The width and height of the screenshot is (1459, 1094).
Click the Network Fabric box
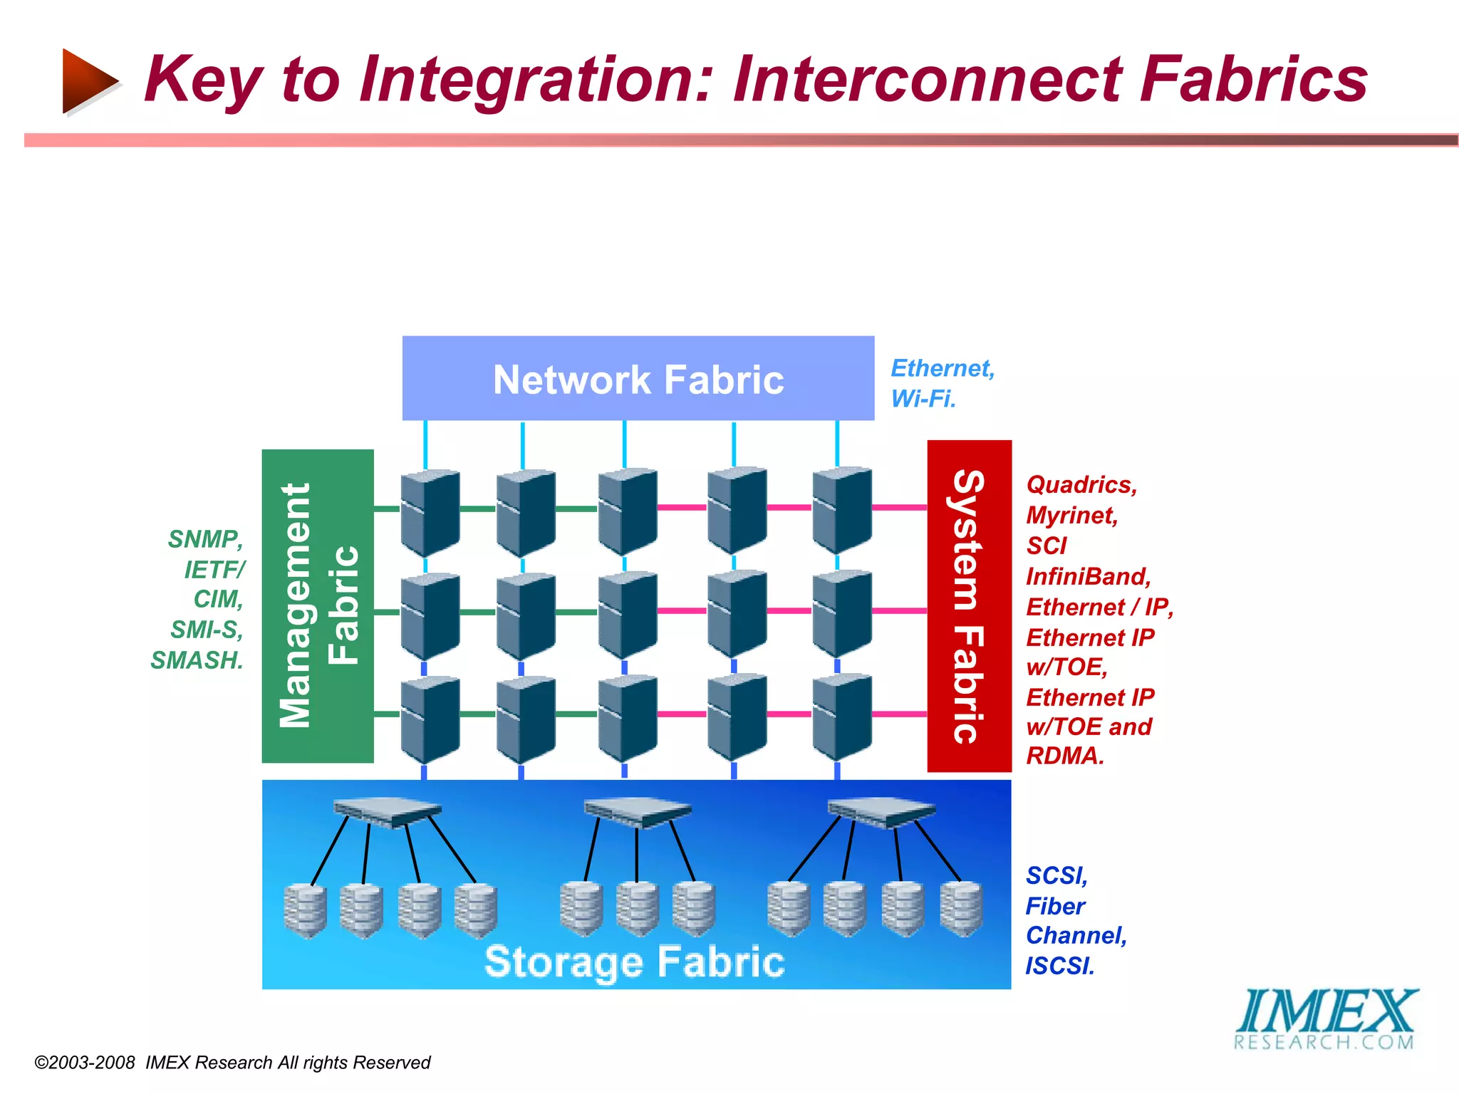click(638, 378)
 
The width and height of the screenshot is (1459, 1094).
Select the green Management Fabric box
click(318, 606)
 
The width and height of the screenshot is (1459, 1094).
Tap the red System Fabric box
click(969, 606)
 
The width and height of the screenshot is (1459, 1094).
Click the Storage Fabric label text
click(634, 962)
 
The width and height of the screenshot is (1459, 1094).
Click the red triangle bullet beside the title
click(88, 81)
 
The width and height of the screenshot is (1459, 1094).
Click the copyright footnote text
click(232, 1063)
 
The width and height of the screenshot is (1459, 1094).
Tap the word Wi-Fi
click(923, 399)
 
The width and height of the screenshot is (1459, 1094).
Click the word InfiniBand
click(1088, 576)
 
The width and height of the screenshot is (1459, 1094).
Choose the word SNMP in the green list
click(206, 539)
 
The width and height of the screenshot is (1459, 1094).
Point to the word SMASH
click(197, 660)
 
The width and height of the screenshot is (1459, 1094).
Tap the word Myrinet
click(1072, 515)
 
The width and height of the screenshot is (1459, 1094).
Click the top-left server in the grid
click(430, 511)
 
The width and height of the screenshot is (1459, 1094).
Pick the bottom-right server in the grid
click(842, 717)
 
